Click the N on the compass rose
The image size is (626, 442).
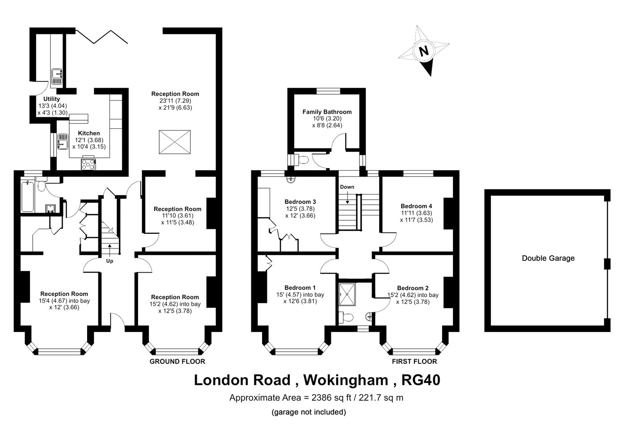tap(424, 51)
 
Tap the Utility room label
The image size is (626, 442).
tap(52, 99)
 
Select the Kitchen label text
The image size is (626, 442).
tap(89, 133)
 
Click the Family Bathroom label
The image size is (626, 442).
tap(327, 112)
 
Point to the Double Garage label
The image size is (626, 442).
tap(548, 258)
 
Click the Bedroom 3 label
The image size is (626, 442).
tap(300, 202)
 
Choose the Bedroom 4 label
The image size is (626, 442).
tap(416, 206)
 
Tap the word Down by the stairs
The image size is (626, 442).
tap(347, 187)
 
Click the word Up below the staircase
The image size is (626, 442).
tap(110, 261)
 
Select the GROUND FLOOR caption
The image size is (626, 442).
tap(178, 362)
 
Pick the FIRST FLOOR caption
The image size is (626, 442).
tap(415, 362)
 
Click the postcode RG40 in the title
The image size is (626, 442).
tap(421, 380)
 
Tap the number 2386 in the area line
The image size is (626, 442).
tap(321, 398)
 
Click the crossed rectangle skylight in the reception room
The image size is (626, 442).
tap(175, 142)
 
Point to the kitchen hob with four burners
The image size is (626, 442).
tap(88, 164)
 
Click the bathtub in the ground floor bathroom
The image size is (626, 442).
tap(28, 197)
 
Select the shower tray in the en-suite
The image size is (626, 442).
tap(347, 295)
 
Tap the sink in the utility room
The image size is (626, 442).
tap(57, 76)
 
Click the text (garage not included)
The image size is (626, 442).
tap(309, 412)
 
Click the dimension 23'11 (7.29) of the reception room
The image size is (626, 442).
tap(175, 101)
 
